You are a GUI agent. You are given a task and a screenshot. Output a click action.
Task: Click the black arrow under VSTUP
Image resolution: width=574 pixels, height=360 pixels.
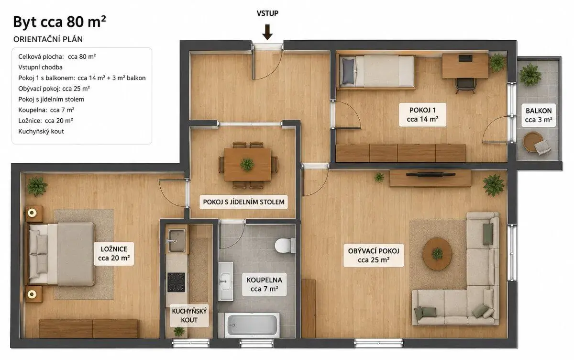(x=267, y=32)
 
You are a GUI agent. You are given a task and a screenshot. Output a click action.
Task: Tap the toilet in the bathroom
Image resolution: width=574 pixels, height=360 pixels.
(x=285, y=245)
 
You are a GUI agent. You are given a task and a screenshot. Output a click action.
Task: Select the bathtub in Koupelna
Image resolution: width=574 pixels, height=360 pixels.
(x=252, y=325)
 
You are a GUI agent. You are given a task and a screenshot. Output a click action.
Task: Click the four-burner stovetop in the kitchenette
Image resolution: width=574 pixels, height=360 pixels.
(x=177, y=282)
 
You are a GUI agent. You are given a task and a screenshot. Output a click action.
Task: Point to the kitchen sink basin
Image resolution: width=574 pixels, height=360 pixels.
(x=177, y=240)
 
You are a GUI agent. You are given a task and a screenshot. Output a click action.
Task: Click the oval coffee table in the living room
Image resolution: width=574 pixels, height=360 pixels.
(x=437, y=254)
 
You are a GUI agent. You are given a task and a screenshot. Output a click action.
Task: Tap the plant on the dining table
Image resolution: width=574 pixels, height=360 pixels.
(x=247, y=164)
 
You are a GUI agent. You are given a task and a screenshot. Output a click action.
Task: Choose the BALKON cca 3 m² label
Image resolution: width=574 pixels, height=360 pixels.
(x=539, y=115)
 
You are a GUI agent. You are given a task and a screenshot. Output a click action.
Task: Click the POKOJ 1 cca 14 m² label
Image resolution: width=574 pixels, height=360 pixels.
(x=422, y=114)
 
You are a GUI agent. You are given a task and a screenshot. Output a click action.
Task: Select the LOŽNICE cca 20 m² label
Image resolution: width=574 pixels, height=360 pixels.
(x=114, y=253)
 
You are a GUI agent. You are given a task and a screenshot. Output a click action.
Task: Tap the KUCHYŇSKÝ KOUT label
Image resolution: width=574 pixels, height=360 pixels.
(x=189, y=315)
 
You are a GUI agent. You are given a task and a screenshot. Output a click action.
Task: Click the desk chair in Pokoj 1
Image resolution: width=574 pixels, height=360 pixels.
(x=465, y=85)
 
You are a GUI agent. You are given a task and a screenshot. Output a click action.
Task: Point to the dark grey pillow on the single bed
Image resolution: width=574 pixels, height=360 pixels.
(x=348, y=70)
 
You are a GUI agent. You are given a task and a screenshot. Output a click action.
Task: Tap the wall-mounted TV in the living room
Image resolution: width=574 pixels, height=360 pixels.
(x=430, y=175)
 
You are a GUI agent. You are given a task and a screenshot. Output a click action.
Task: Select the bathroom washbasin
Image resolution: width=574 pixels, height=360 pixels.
(x=226, y=281)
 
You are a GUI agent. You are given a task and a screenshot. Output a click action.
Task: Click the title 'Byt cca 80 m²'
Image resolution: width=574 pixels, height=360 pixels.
(x=59, y=22)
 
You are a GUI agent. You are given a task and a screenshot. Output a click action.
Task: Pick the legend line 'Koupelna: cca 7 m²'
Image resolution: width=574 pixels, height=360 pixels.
(x=46, y=110)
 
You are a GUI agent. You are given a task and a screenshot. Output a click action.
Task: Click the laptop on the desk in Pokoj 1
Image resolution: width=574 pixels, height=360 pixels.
(x=465, y=58)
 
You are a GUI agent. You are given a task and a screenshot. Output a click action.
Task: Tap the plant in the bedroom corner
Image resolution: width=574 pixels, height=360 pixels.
(x=37, y=186)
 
